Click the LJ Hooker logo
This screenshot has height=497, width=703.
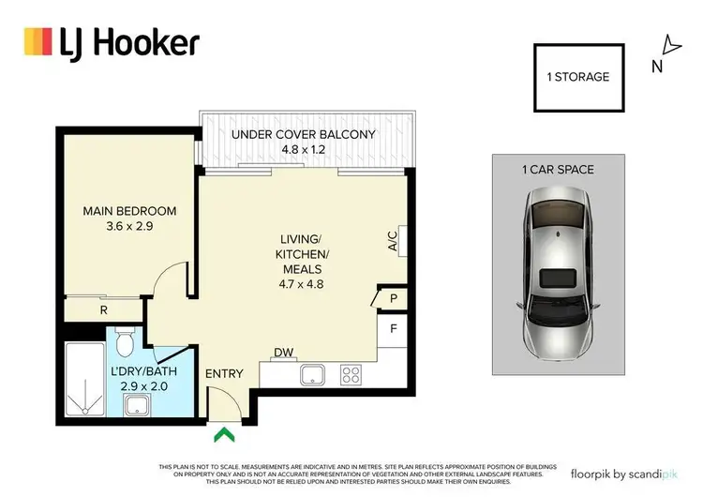coord(111,42)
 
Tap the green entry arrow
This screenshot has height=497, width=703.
coord(223,433)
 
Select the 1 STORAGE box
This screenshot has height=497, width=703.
coord(578,77)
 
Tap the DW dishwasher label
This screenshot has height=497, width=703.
coord(281,354)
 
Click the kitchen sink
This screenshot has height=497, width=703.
coord(312,375)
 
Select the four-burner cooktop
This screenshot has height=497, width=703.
coord(351,375)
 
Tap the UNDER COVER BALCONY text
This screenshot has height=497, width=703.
coord(303,134)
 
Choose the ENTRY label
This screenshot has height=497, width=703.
coord(224,373)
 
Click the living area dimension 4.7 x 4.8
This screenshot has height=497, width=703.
coord(301,284)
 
